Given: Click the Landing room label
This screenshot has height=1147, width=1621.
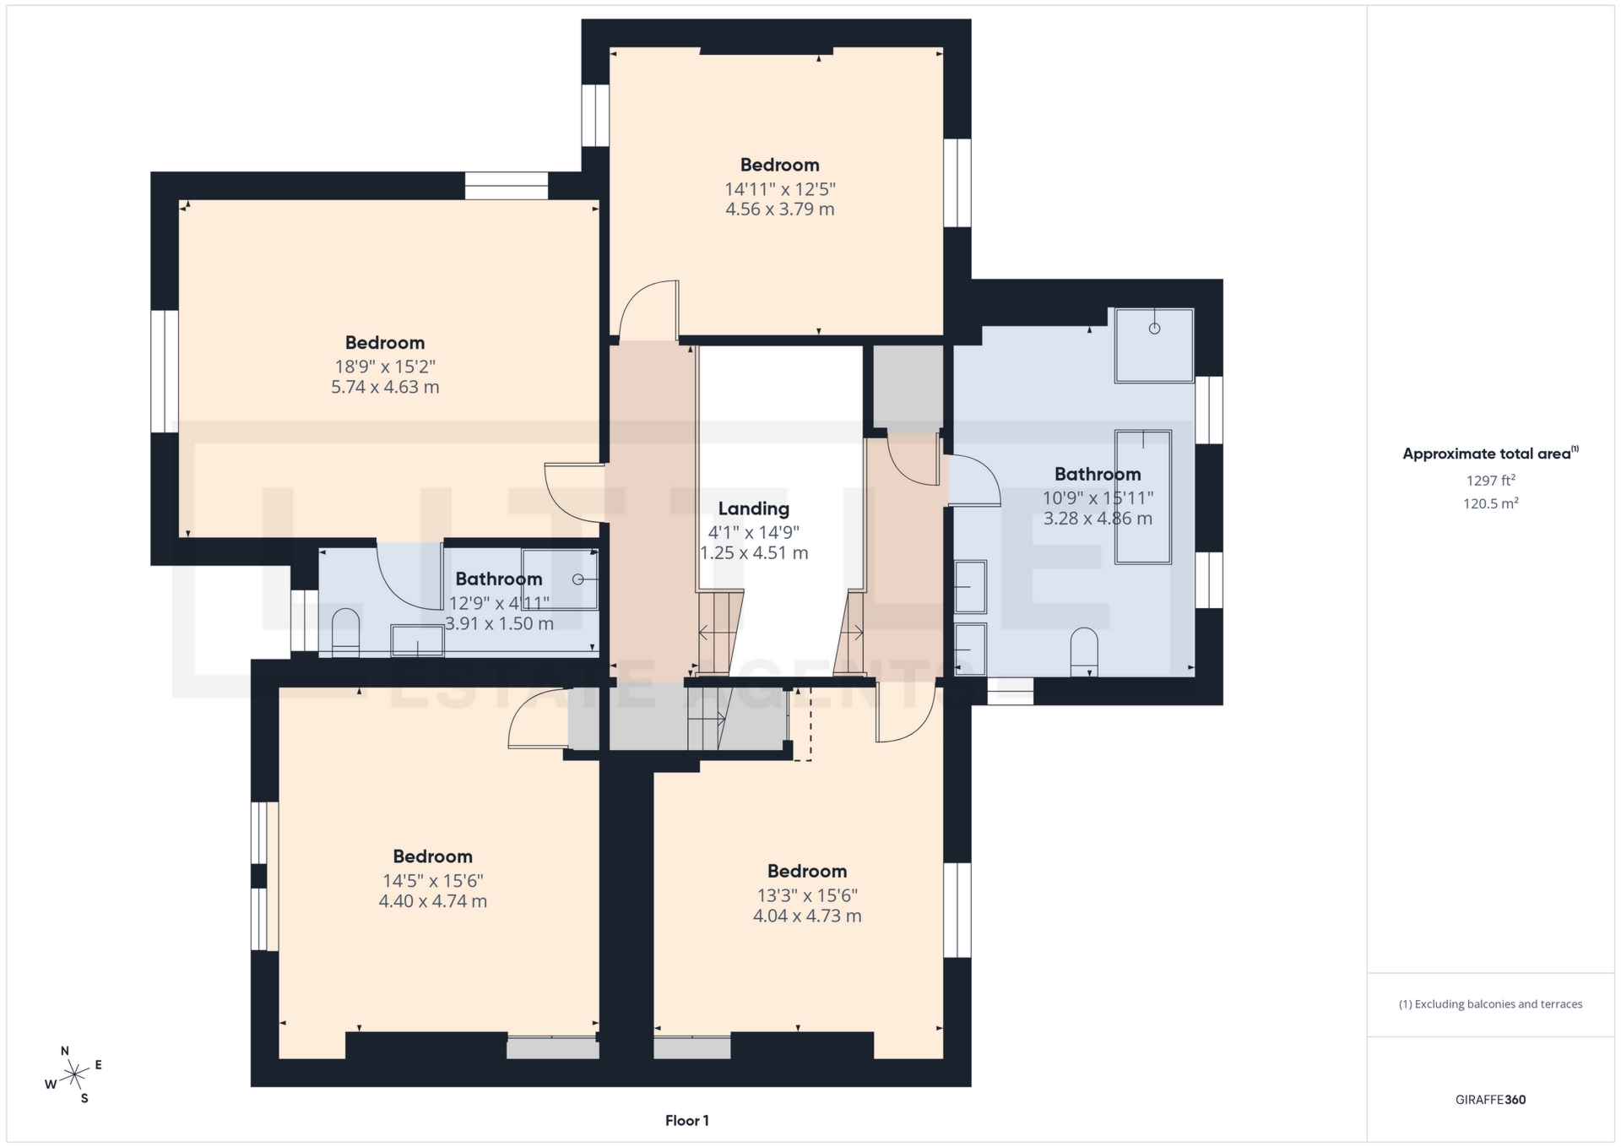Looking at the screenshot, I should [x=753, y=508].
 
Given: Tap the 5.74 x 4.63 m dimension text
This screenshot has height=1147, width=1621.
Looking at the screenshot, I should [x=385, y=388].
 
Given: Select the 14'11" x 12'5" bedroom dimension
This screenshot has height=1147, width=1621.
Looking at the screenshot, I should [x=779, y=189].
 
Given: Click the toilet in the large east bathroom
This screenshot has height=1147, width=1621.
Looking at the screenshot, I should [x=1083, y=652].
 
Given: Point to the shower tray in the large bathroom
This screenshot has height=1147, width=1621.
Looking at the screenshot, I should [x=1153, y=345].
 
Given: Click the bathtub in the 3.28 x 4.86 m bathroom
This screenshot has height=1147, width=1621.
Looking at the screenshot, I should [x=1142, y=497].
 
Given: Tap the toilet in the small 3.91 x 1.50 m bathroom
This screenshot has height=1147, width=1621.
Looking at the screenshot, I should [x=346, y=632].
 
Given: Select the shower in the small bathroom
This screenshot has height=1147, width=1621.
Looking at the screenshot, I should [x=560, y=579].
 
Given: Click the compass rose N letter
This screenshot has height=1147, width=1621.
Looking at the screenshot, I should [x=65, y=1051].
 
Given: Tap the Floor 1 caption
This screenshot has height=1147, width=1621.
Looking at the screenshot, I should [x=686, y=1121].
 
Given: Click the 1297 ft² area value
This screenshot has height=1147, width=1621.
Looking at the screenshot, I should [x=1490, y=481].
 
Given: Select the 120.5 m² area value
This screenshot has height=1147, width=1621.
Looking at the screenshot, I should [x=1490, y=503].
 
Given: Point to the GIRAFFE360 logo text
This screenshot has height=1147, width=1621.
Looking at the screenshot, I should [x=1490, y=1100].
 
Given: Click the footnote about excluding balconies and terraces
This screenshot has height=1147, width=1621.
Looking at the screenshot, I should [x=1490, y=1004].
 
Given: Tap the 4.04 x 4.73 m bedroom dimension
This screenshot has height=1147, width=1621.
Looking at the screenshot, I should [x=807, y=916].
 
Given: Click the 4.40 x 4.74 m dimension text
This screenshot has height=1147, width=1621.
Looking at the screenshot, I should [x=432, y=901].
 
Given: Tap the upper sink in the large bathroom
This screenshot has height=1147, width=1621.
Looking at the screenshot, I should [x=970, y=586].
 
